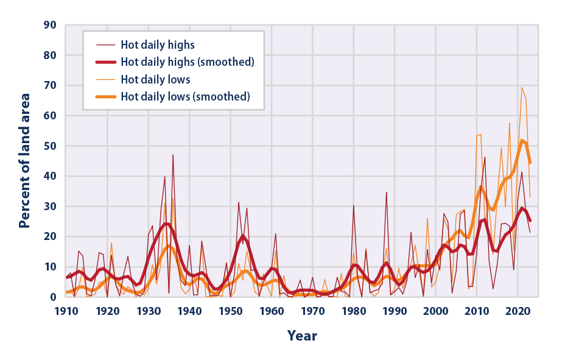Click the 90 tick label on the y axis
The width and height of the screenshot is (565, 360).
click(49, 25)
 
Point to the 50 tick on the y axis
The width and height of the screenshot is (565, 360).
click(49, 146)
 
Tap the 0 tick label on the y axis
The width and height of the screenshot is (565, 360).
click(53, 297)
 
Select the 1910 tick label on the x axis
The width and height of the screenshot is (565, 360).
click(66, 311)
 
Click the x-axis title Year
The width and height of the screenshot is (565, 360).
click(302, 336)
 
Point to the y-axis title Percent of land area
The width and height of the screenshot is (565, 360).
click(24, 161)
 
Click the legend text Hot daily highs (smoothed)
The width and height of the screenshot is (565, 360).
click(187, 62)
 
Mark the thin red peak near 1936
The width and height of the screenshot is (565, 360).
click(173, 155)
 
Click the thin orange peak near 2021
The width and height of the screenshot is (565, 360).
click(522, 87)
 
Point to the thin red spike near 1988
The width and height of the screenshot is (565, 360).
click(386, 192)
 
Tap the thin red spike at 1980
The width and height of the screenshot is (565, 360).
click(354, 205)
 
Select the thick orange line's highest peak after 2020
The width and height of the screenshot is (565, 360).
click(522, 140)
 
